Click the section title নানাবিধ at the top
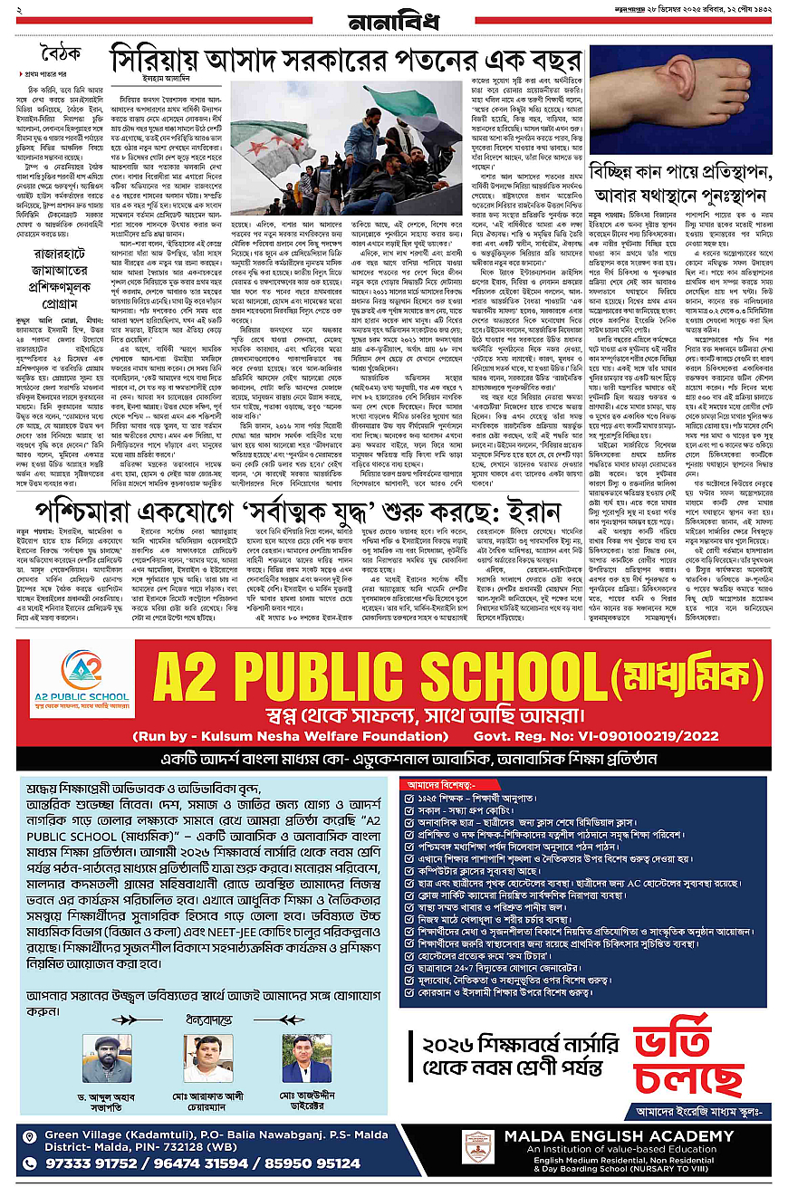pos(392,20)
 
